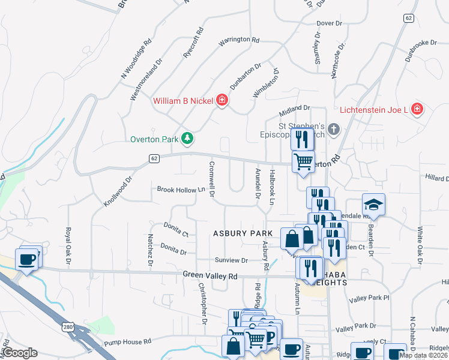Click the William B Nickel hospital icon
click(221, 101)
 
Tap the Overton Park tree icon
click(188, 139)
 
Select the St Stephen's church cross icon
click(334, 129)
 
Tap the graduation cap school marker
click(373, 205)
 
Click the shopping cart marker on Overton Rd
click(304, 160)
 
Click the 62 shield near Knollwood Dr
click(154, 158)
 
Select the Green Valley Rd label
click(210, 275)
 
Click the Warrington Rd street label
click(239, 40)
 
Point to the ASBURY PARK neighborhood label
click(244, 233)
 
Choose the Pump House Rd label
click(127, 342)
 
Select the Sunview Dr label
click(232, 260)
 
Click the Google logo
click(19, 353)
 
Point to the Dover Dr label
click(329, 23)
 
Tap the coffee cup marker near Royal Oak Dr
click(26, 259)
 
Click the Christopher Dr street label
click(202, 304)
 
